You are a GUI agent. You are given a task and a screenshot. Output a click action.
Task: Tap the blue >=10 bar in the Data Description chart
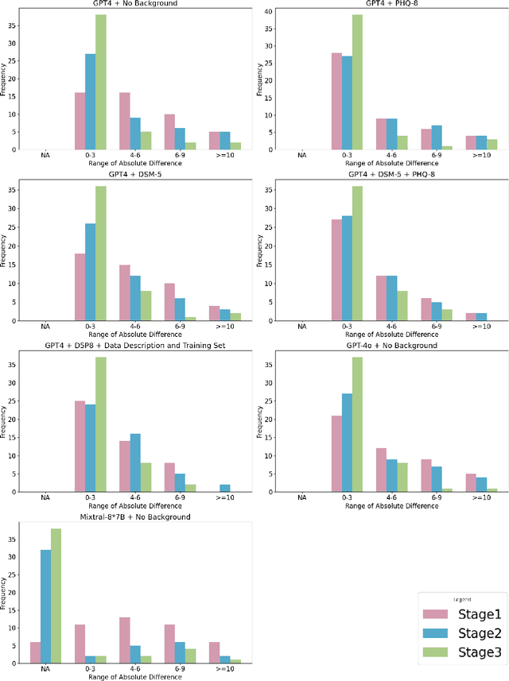tap(225, 489)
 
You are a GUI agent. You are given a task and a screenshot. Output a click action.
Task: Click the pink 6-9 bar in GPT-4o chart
tap(425, 476)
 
